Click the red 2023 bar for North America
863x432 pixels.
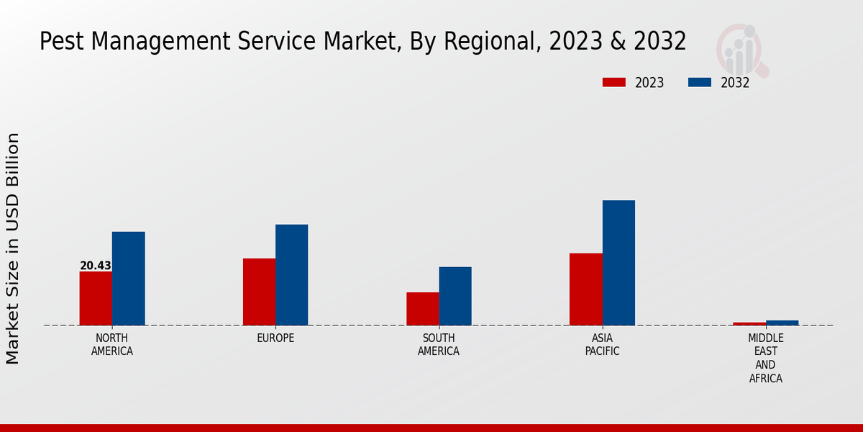pyautogui.click(x=96, y=298)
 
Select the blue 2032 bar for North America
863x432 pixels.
pyautogui.click(x=128, y=278)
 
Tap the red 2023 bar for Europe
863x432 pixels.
pyautogui.click(x=259, y=292)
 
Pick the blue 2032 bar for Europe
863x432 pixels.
pyautogui.click(x=291, y=274)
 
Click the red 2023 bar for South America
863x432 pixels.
pyautogui.click(x=422, y=308)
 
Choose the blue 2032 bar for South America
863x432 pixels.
pyautogui.click(x=455, y=296)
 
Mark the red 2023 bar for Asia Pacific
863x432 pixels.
pyautogui.click(x=585, y=289)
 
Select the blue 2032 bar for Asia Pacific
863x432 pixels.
pyautogui.click(x=618, y=262)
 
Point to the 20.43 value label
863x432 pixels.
pyautogui.click(x=96, y=266)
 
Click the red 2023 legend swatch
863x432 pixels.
pyautogui.click(x=613, y=82)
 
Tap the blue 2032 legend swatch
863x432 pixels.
pyautogui.click(x=699, y=82)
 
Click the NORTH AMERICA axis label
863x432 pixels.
pyautogui.click(x=112, y=344)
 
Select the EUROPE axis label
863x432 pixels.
pyautogui.click(x=275, y=338)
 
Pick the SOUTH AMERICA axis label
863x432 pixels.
pyautogui.click(x=439, y=344)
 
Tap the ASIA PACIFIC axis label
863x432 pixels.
pyautogui.click(x=602, y=344)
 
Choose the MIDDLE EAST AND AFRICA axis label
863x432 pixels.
pyautogui.click(x=765, y=358)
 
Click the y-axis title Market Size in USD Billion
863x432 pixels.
pyautogui.click(x=13, y=248)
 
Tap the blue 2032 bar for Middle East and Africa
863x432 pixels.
pyautogui.click(x=782, y=323)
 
